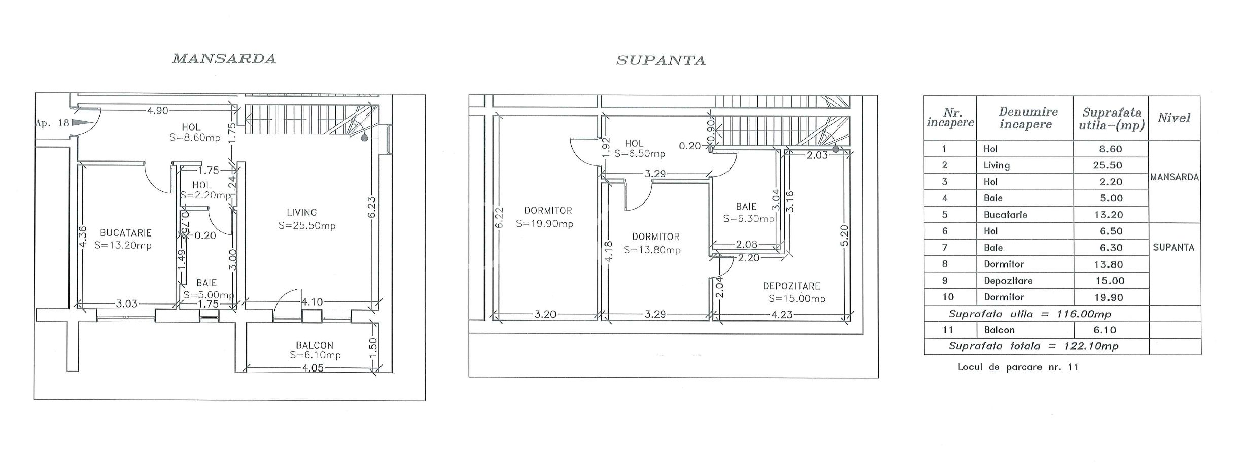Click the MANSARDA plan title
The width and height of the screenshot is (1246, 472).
[224, 59]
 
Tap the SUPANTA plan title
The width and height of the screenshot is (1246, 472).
[661, 61]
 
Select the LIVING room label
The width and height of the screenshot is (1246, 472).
[302, 213]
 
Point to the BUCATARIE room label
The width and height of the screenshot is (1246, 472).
[125, 233]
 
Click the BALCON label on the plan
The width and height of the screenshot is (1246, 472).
[315, 345]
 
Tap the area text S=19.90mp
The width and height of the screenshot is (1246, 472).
[544, 224]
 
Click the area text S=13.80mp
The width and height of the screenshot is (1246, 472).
[652, 250]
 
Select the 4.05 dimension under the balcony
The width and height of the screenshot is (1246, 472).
[313, 368]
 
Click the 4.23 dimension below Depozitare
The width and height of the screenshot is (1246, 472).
[782, 315]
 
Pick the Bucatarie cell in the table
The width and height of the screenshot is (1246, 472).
[1005, 215]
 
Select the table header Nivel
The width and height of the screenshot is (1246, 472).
[1174, 118]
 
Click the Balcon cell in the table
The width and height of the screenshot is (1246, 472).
[999, 330]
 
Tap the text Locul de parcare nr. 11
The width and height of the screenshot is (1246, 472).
[1018, 367]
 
